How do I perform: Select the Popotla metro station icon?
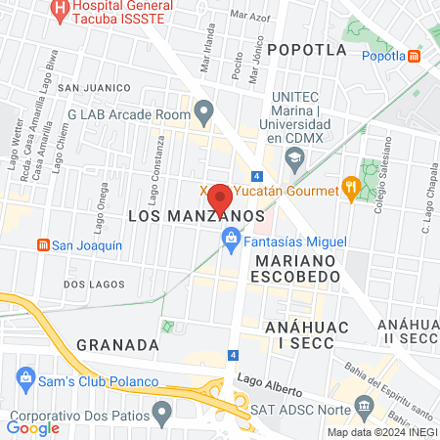[415, 56]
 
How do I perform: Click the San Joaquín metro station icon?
[42, 244]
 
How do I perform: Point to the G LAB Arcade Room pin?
[203, 112]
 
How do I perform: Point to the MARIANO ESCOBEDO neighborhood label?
[297, 269]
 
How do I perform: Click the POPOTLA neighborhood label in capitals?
[306, 49]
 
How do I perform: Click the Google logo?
[32, 427]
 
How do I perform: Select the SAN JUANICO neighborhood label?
[94, 87]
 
